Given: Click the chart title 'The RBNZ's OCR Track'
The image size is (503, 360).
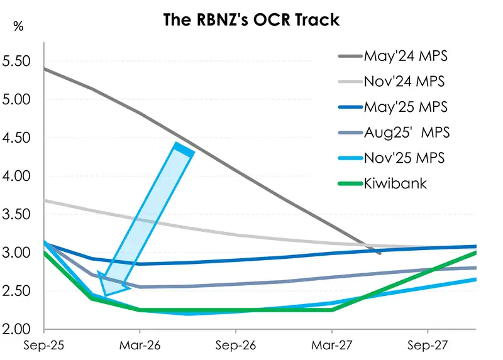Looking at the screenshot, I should [x=251, y=19].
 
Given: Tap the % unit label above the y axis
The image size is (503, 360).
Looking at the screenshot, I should [x=19, y=27].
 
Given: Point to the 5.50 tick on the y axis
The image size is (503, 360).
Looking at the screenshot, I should [x=17, y=62].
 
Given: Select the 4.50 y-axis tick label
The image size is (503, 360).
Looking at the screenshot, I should [x=17, y=138].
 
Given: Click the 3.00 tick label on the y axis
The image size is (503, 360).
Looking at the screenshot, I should [x=17, y=253].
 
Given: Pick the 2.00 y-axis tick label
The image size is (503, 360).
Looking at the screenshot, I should [x=17, y=329].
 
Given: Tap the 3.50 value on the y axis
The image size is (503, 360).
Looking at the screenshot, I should [x=17, y=214].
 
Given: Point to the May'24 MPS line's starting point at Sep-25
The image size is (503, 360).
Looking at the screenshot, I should [x=45, y=68].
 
